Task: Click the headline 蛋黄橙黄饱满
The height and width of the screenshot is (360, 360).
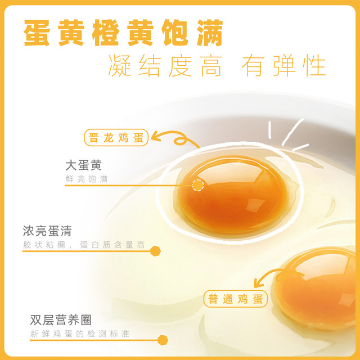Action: (x=123, y=33)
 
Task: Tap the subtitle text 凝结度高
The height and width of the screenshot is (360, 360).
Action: (x=165, y=65)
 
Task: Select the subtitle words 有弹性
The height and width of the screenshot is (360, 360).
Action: (x=283, y=65)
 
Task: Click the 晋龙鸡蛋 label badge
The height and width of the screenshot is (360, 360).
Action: (x=116, y=137)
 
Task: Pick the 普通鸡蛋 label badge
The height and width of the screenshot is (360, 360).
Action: (x=236, y=299)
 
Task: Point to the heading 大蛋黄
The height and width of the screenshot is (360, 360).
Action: (x=84, y=165)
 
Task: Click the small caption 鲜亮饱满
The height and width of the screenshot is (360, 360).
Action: (x=87, y=179)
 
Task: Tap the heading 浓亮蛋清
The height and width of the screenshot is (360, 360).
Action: (x=47, y=231)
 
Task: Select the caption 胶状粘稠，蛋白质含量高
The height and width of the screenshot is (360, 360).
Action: (x=84, y=245)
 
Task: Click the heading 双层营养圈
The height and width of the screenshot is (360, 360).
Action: (x=61, y=320)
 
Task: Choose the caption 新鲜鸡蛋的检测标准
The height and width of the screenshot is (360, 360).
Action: (x=80, y=334)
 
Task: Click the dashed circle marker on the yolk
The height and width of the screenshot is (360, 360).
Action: (x=198, y=185)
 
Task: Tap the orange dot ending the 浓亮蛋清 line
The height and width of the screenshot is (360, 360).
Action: (x=155, y=251)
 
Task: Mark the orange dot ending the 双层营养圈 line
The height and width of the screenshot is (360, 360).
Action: (x=163, y=340)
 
